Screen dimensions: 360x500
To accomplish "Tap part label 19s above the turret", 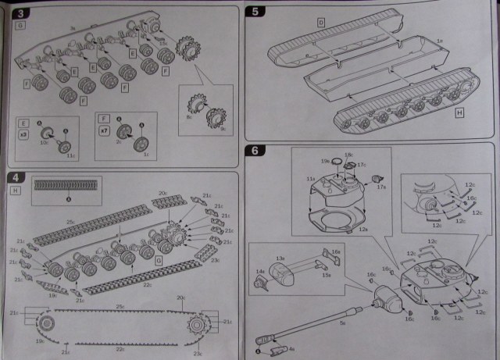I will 326,161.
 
